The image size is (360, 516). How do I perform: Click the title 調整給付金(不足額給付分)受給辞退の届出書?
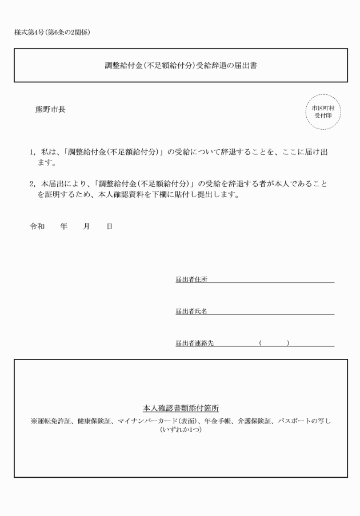pyautogui.click(x=180, y=66)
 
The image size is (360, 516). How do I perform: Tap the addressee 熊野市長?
pyautogui.click(x=50, y=109)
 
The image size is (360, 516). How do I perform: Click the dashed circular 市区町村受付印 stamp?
pyautogui.click(x=323, y=111)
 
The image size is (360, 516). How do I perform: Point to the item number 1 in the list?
pyautogui.click(x=32, y=153)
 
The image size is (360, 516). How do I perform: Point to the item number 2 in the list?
pyautogui.click(x=32, y=185)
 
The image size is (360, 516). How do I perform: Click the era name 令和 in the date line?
pyautogui.click(x=37, y=227)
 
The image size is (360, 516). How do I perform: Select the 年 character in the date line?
pyautogui.click(x=63, y=227)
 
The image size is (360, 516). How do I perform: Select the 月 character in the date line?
pyautogui.click(x=86, y=227)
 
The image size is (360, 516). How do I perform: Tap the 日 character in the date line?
pyautogui.click(x=109, y=227)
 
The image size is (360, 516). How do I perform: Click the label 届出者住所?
pyautogui.click(x=191, y=280)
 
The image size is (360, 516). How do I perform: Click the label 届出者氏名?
pyautogui.click(x=191, y=311)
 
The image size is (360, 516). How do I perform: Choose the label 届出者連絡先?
pyautogui.click(x=194, y=343)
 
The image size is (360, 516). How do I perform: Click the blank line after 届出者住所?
pyautogui.click(x=271, y=280)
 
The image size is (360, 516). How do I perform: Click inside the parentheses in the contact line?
pyautogui.click(x=274, y=343)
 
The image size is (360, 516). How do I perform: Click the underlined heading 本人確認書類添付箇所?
pyautogui.click(x=181, y=409)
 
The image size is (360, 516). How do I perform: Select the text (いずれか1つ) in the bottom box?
pyautogui.click(x=181, y=430)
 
